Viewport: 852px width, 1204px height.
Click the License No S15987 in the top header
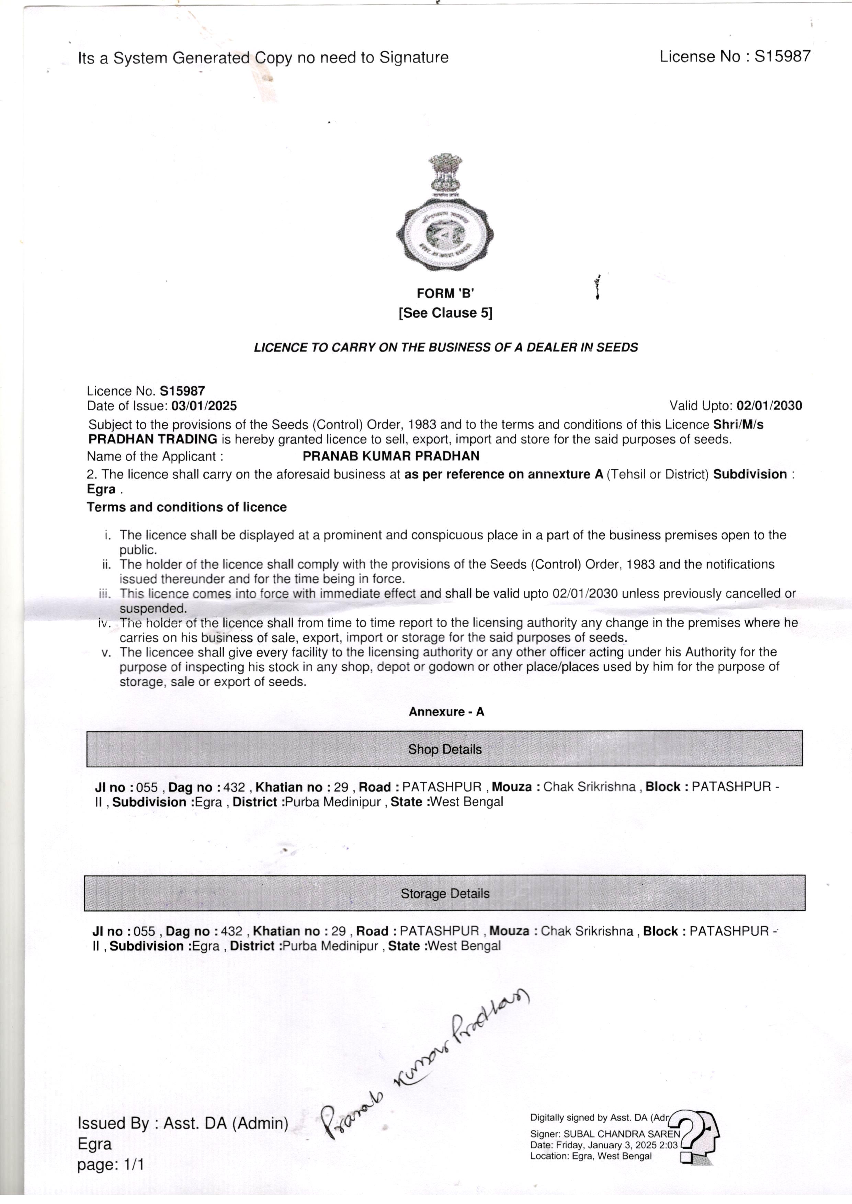[x=735, y=57]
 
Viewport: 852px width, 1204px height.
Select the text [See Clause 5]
[x=445, y=313]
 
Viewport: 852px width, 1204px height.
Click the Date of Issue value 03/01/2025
[x=204, y=405]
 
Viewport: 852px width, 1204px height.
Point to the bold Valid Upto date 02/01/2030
[x=769, y=405]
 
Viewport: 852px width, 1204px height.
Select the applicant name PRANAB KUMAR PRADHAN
[x=391, y=456]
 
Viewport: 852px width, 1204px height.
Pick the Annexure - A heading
[x=446, y=712]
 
